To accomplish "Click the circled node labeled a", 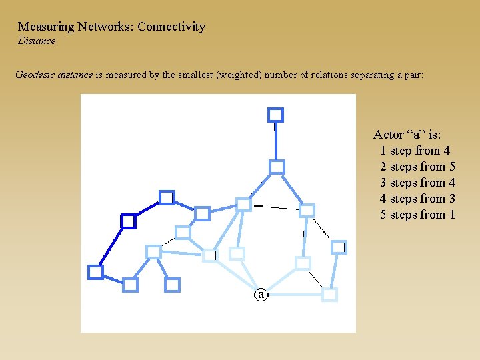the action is [x=261, y=293].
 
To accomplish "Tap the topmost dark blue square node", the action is [x=275, y=115].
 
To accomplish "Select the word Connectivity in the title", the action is [x=171, y=27].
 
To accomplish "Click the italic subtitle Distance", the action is [x=37, y=41].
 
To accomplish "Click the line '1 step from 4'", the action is [x=415, y=151].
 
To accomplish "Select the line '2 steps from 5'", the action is [x=417, y=167].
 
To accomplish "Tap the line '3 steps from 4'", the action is [x=417, y=183].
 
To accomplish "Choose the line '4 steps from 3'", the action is [x=417, y=199].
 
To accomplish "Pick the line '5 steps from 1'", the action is [x=417, y=215].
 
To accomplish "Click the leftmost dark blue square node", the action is [x=95, y=272].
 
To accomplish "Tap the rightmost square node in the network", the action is [x=339, y=247].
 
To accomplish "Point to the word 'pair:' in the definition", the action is [x=411, y=75].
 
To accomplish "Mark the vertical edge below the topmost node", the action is [x=276, y=141].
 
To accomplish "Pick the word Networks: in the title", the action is [x=106, y=27].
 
